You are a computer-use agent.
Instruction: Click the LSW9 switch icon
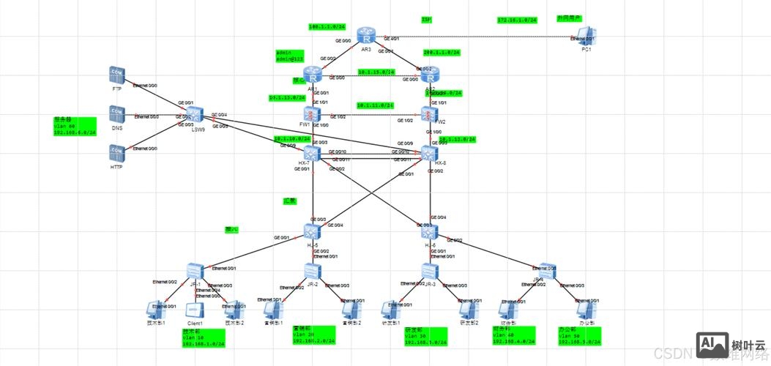pos(194,113)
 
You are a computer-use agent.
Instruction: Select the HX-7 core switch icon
pos(313,153)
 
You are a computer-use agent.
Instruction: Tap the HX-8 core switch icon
pos(429,154)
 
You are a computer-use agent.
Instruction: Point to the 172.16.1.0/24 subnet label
pos(517,20)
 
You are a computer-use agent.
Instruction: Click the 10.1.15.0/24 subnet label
pos(376,72)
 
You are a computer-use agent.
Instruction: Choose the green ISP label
pos(426,20)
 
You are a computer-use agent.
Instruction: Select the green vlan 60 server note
pos(75,125)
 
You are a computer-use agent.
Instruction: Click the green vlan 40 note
pos(514,335)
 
